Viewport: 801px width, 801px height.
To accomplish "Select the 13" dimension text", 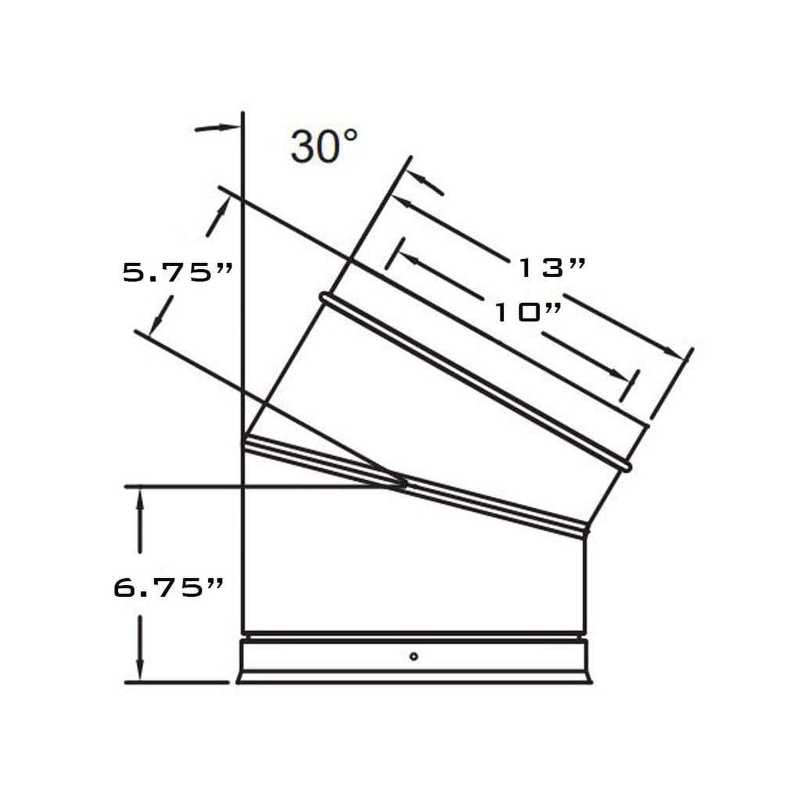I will click(552, 268).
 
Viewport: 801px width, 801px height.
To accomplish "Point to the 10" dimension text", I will click(529, 312).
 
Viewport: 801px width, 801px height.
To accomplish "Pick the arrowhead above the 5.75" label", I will click(224, 206).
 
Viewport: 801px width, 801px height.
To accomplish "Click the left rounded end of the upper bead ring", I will click(324, 297).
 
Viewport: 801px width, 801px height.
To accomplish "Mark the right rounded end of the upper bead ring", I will click(628, 467).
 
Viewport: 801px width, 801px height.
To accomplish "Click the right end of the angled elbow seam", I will click(586, 531).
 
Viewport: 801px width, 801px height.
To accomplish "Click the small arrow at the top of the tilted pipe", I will click(423, 180).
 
